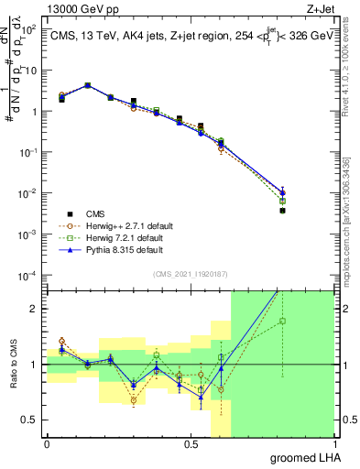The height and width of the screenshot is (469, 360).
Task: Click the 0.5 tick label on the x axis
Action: point(191,444)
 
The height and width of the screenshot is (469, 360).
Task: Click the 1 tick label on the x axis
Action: point(334,444)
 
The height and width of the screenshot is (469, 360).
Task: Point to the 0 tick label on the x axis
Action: point(47,444)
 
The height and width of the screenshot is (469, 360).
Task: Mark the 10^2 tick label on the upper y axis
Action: point(29,29)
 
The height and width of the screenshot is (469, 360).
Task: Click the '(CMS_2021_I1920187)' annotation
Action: point(191,273)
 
